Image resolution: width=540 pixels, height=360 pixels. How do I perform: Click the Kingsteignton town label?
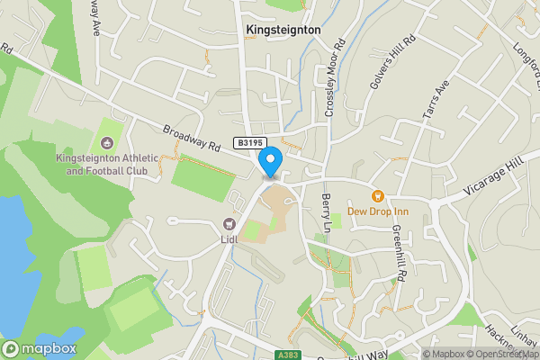pos(283,30)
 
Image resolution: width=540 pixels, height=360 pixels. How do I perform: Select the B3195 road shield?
pos(250,143)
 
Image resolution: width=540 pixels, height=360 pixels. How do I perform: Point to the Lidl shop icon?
pos(229,224)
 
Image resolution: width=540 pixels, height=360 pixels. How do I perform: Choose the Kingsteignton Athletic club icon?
pos(108,142)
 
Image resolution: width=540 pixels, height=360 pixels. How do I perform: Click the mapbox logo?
pos(39,348)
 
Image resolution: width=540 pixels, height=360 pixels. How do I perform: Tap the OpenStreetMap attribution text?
pos(499,354)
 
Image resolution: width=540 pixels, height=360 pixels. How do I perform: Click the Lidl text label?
pos(230,240)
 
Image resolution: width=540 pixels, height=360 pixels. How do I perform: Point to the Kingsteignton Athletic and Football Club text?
pos(107,165)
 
